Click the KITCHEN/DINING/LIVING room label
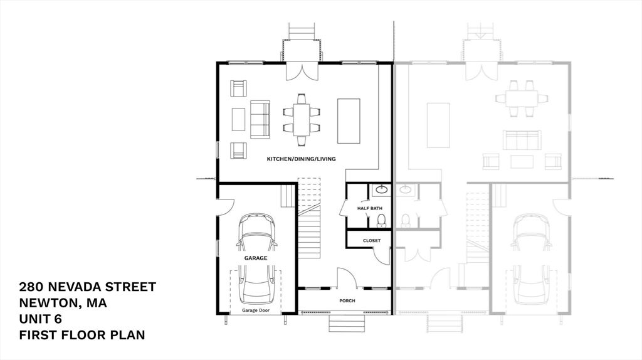(x=301, y=159)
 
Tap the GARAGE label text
(x=255, y=258)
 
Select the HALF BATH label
(x=370, y=208)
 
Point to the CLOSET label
(x=372, y=240)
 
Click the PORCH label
(x=347, y=301)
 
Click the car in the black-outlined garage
(x=256, y=257)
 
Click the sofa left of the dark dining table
(x=260, y=119)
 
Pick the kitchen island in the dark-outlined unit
(x=349, y=120)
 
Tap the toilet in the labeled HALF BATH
(x=381, y=220)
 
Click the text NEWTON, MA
(x=63, y=304)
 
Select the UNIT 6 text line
(x=45, y=319)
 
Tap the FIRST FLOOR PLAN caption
(x=82, y=335)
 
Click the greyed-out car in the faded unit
(x=530, y=257)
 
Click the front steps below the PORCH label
(x=347, y=322)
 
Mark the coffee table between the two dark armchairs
(x=238, y=119)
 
